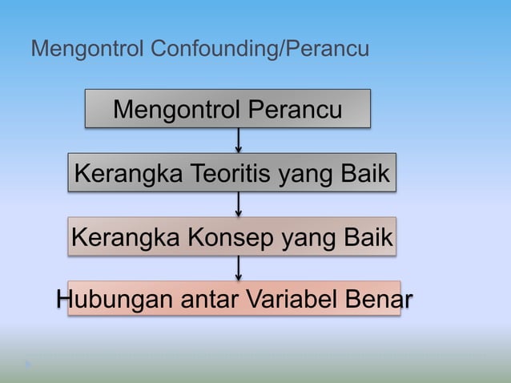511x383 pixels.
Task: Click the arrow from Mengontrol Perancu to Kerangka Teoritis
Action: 239,140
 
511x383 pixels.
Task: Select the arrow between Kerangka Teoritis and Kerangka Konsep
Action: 239,204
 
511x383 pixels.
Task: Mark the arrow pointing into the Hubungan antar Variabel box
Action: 239,268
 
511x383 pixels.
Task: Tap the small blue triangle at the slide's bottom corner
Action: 29,365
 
